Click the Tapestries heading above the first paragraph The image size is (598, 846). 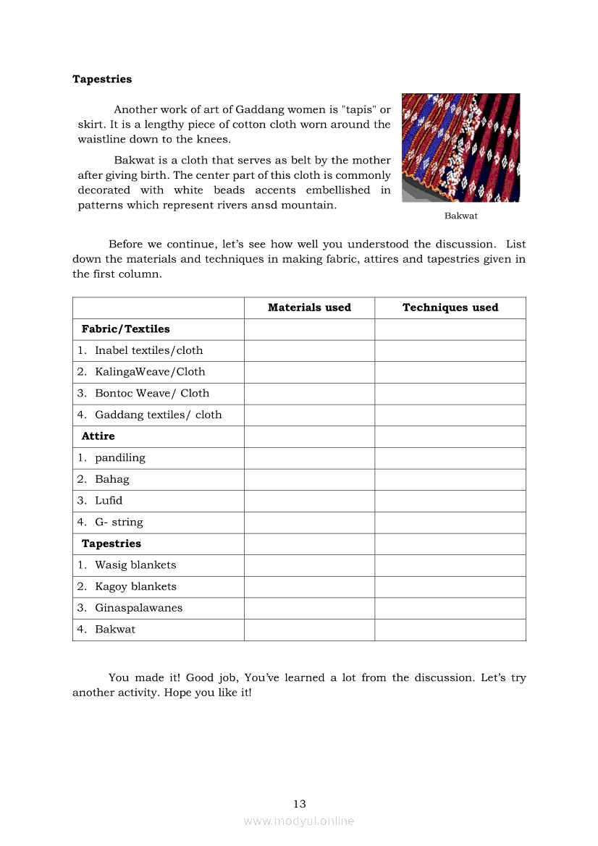click(102, 79)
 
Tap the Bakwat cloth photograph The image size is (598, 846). click(460, 148)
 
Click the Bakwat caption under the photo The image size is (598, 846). click(460, 216)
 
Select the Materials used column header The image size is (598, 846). click(309, 308)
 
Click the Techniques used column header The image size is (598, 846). click(450, 308)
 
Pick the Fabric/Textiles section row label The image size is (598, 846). click(126, 329)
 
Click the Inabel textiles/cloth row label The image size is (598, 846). click(148, 350)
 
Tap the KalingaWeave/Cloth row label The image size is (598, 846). click(150, 372)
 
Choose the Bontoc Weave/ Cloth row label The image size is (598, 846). click(152, 394)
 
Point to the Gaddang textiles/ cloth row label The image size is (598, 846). click(158, 415)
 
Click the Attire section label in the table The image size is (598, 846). click(98, 436)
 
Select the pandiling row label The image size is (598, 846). click(119, 458)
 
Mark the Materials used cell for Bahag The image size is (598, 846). click(309, 479)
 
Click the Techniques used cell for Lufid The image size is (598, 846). click(450, 501)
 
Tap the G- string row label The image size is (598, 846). click(119, 523)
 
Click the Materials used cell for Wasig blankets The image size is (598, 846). click(309, 565)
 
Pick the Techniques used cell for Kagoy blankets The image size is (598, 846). click(450, 587)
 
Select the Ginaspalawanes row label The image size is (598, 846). click(138, 608)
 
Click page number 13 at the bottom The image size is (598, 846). click(300, 804)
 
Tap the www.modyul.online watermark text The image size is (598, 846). click(299, 821)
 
